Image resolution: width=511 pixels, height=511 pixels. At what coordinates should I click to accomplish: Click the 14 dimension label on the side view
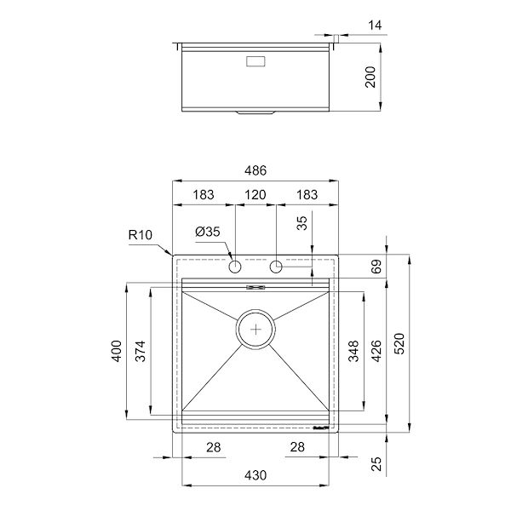pyautogui.click(x=375, y=25)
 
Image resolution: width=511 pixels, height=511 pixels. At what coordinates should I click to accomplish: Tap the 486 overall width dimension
pyautogui.click(x=255, y=171)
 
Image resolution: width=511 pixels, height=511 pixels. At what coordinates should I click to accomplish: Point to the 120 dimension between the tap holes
pyautogui.click(x=255, y=195)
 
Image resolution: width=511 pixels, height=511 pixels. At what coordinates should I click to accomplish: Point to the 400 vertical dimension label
pyautogui.click(x=118, y=351)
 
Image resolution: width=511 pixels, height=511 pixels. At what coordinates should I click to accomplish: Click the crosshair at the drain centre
pyautogui.click(x=255, y=328)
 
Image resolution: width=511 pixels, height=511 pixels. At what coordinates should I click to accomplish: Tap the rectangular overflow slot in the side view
pyautogui.click(x=255, y=61)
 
